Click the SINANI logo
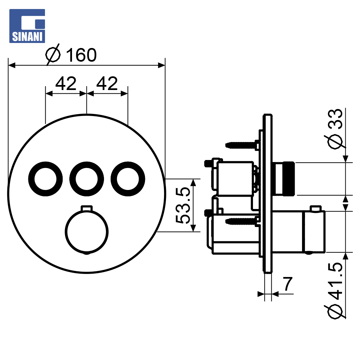pyautogui.click(x=27, y=26)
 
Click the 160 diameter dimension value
pyautogui.click(x=81, y=55)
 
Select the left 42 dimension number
pyautogui.click(x=66, y=84)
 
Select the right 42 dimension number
pyautogui.click(x=107, y=84)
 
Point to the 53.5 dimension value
pyautogui.click(x=183, y=205)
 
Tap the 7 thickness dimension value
pyautogui.click(x=288, y=284)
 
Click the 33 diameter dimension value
pyautogui.click(x=335, y=119)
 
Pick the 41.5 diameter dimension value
pyautogui.click(x=335, y=281)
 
